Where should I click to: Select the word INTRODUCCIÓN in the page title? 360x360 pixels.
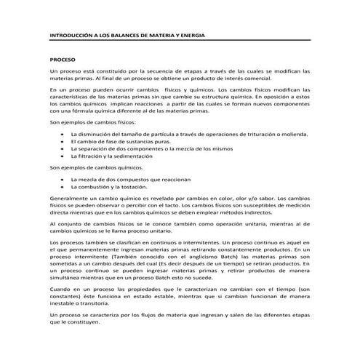(x=73, y=33)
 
